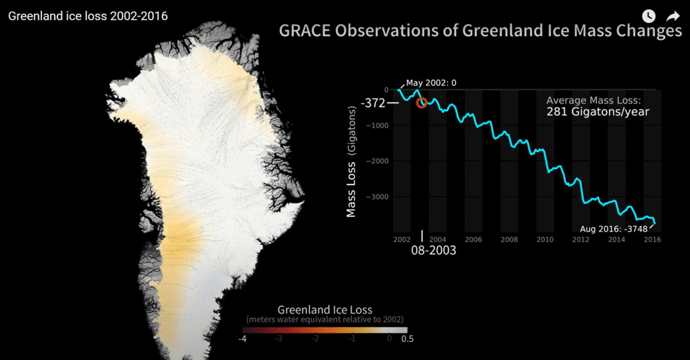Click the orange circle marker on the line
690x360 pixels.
[x=421, y=102]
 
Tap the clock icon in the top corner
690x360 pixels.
[x=649, y=16]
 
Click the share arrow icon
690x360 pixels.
[x=673, y=16]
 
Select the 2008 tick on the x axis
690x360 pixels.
[x=509, y=239]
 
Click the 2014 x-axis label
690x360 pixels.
[x=616, y=239]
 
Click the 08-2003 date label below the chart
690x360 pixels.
[x=434, y=250]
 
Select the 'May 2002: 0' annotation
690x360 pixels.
[x=431, y=83]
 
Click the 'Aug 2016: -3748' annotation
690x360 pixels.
[x=614, y=229]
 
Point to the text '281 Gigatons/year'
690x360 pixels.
[x=597, y=112]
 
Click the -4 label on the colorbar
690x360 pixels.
[x=242, y=339]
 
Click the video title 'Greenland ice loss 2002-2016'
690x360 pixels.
[x=88, y=16]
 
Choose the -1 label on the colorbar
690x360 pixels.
[x=352, y=339]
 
